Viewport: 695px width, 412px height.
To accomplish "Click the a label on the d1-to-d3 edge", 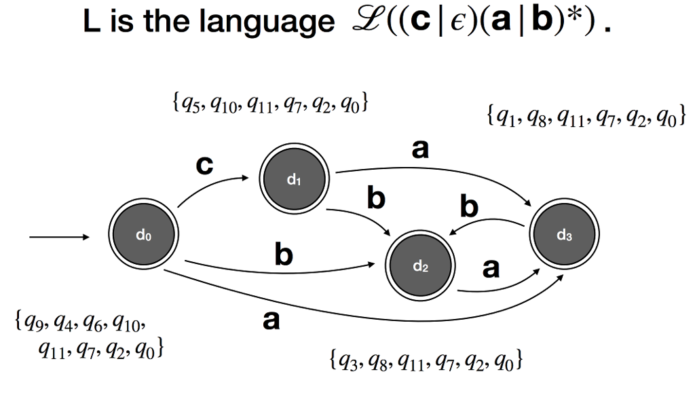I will [x=421, y=151].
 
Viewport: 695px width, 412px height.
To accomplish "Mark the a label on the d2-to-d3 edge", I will [x=491, y=269].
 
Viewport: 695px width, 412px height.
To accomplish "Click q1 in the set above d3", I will [x=504, y=117].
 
